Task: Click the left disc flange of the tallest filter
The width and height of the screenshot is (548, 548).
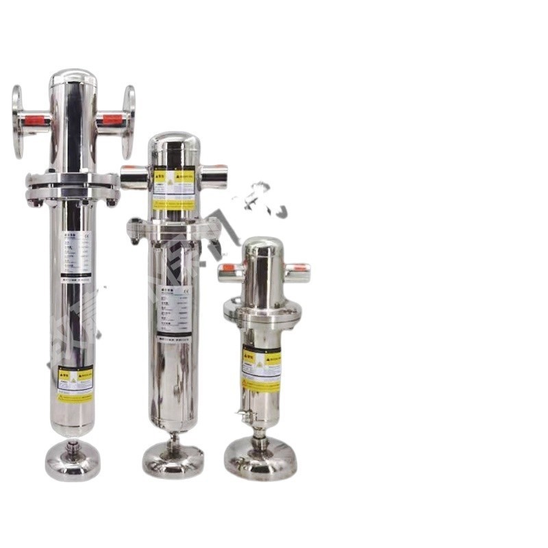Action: tap(18, 121)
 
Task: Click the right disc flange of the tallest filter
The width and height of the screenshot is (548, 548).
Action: tap(128, 121)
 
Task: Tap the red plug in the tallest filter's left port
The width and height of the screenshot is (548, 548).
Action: tap(36, 121)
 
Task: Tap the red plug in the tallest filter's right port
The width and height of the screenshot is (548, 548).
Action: tap(112, 120)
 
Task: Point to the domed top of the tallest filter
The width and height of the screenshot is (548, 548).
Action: tap(73, 79)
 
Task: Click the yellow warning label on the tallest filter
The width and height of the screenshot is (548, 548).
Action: tap(75, 384)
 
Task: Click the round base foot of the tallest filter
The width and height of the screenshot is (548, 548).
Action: tap(73, 464)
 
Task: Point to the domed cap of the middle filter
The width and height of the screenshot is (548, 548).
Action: tap(174, 144)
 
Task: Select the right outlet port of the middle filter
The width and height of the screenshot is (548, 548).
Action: tap(213, 176)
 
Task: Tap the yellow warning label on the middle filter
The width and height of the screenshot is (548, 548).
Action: tap(174, 187)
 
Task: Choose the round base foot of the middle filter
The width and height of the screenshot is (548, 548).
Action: tap(173, 458)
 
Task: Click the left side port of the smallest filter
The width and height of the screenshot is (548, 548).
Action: tap(231, 273)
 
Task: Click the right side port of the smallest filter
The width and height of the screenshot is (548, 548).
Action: tap(297, 272)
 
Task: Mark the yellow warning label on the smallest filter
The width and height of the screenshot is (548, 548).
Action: tap(261, 369)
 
